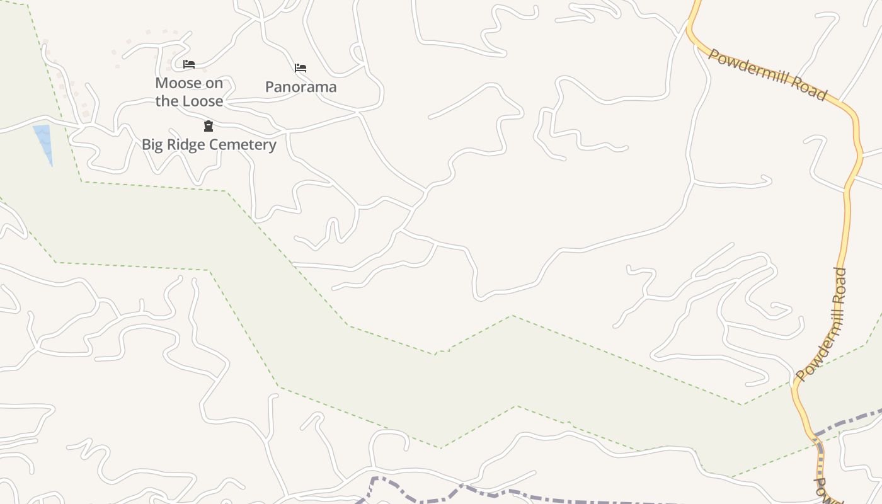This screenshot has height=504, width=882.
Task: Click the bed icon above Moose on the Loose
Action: pyautogui.click(x=188, y=64)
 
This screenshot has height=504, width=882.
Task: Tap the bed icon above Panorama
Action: pyautogui.click(x=301, y=67)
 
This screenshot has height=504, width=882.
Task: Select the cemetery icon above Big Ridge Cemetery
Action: pyautogui.click(x=209, y=126)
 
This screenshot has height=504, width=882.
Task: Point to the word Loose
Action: pyautogui.click(x=203, y=101)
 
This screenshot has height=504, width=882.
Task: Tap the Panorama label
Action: pyautogui.click(x=301, y=87)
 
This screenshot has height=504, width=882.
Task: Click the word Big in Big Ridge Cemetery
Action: pyautogui.click(x=152, y=145)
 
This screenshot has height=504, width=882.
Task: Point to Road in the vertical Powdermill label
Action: pyautogui.click(x=840, y=287)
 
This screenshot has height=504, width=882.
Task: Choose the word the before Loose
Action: pyautogui.click(x=167, y=101)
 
